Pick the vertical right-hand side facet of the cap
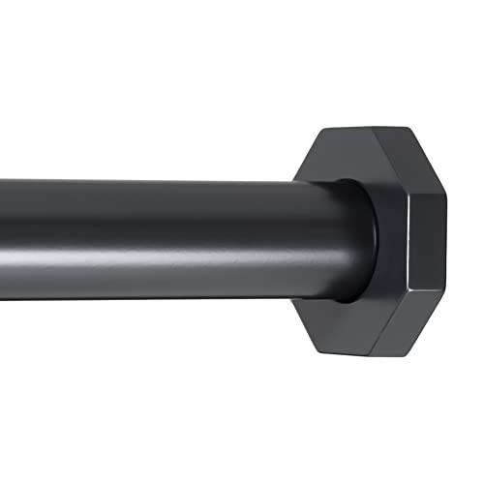(426, 242)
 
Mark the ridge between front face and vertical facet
(408, 242)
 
